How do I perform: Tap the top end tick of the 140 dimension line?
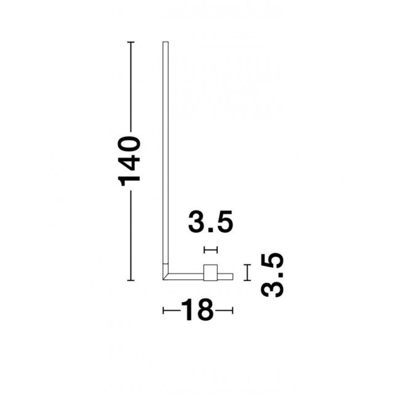point(130,42)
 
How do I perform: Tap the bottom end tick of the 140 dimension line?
point(130,280)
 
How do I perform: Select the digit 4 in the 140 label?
point(130,162)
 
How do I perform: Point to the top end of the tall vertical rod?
point(165,43)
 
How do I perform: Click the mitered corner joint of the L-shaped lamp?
point(166,276)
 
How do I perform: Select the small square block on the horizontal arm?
point(211,273)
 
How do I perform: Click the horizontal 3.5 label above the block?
point(211,223)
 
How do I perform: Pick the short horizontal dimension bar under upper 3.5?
point(211,250)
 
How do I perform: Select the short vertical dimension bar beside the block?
point(247,273)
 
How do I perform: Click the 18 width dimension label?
point(198,311)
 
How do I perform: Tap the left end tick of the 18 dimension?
point(164,311)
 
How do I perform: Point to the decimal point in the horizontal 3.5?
point(212,231)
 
